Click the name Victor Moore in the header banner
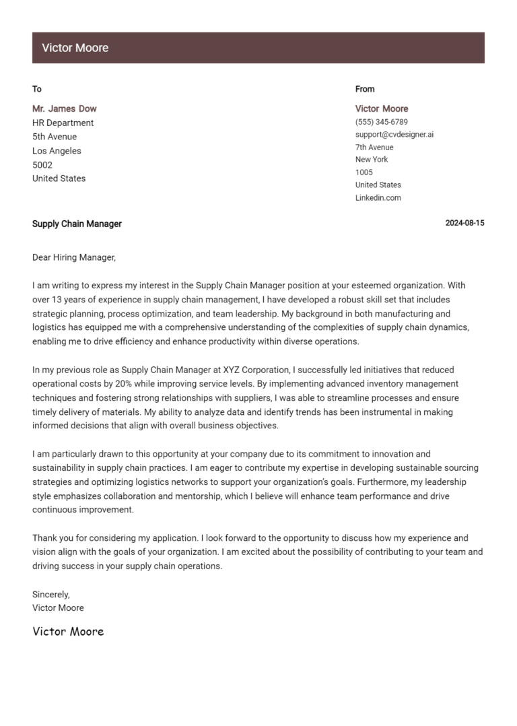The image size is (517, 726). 75,48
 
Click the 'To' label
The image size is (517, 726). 37,89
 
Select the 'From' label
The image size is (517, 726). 365,89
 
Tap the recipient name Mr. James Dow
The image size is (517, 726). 65,108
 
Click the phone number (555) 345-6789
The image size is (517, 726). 381,122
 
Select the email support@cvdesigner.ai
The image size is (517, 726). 394,135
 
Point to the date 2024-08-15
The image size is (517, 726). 464,224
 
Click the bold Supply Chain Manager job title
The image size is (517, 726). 77,224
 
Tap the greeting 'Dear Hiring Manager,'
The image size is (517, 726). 74,257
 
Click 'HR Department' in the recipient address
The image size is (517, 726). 63,123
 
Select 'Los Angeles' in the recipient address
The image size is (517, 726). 57,151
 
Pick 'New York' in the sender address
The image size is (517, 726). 372,160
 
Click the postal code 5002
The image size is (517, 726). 42,165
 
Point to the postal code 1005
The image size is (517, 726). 364,172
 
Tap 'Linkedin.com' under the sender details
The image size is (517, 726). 378,198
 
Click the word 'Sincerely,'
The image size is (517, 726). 51,595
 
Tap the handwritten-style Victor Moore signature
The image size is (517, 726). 68,632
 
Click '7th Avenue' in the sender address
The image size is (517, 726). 374,147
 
